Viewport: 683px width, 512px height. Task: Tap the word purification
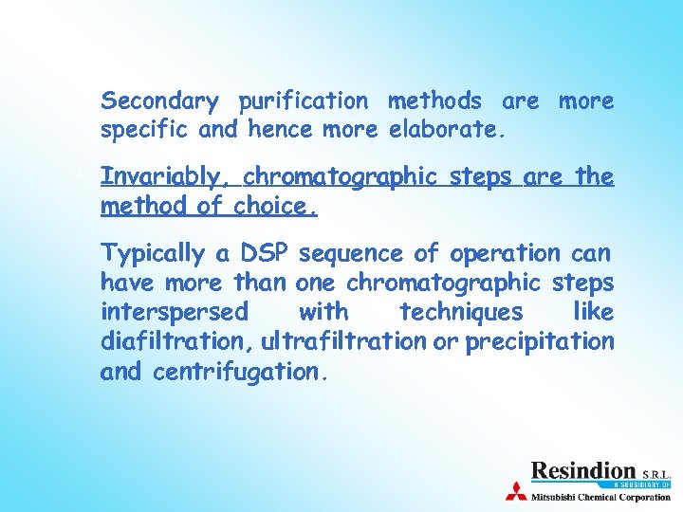click(x=303, y=101)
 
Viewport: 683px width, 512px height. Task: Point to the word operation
click(x=507, y=254)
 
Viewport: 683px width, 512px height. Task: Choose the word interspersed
click(x=175, y=312)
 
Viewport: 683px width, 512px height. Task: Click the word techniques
click(x=461, y=312)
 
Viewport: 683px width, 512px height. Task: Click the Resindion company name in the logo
click(x=582, y=470)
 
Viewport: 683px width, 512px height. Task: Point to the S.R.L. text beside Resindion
click(x=655, y=472)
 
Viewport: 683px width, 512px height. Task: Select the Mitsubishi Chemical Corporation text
click(x=600, y=495)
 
